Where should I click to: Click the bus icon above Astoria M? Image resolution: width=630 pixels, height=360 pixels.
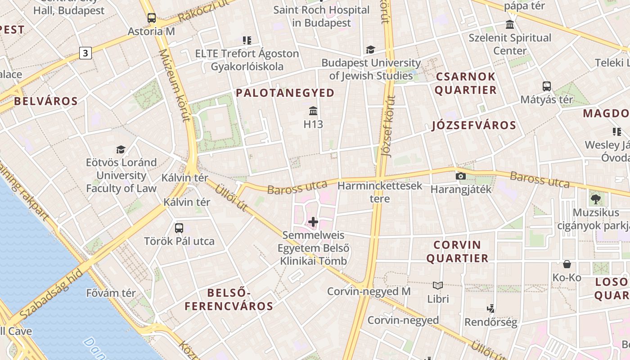tap(152, 18)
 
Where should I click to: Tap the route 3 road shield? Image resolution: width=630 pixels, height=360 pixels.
tap(85, 53)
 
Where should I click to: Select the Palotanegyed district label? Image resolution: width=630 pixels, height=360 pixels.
tap(285, 93)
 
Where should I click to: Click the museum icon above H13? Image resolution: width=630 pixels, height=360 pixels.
tap(313, 111)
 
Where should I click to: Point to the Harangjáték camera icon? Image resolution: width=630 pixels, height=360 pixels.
tap(460, 176)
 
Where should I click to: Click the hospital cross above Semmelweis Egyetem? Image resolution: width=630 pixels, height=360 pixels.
tap(313, 221)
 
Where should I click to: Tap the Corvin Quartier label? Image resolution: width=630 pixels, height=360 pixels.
tap(457, 252)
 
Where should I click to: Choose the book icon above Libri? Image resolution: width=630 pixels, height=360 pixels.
tap(438, 285)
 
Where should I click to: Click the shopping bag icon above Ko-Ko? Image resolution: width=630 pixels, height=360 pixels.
tap(567, 264)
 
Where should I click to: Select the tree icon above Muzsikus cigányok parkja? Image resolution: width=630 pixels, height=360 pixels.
tap(596, 198)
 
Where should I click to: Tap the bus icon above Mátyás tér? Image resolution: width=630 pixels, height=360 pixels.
tap(546, 86)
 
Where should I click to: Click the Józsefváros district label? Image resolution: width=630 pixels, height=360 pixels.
tap(474, 125)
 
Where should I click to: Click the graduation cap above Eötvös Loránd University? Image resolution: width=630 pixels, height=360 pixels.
tap(121, 149)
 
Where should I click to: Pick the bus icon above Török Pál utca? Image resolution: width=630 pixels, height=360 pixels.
tap(179, 228)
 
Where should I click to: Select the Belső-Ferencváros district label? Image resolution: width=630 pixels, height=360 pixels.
tap(229, 300)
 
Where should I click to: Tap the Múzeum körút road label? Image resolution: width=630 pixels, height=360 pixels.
tap(175, 85)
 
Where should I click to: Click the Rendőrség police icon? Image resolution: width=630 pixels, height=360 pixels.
tap(491, 309)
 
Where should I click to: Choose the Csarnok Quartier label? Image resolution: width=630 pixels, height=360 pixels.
tap(466, 83)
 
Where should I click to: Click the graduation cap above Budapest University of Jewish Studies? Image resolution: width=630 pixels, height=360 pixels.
tap(370, 50)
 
